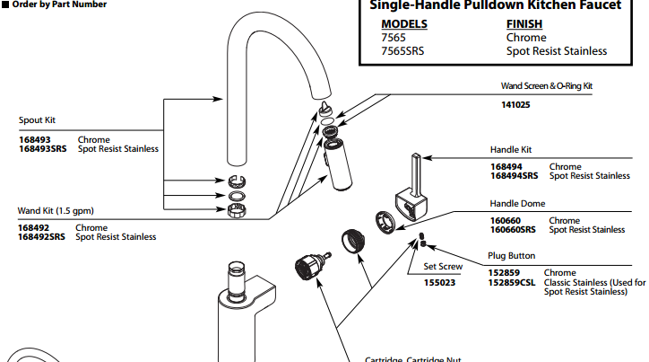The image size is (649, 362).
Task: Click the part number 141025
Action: click(x=515, y=104)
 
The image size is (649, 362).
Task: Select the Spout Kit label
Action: click(x=38, y=119)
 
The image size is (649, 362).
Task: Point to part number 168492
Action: click(x=36, y=228)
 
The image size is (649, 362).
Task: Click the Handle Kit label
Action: click(x=511, y=149)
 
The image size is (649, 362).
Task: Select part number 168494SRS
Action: click(x=515, y=176)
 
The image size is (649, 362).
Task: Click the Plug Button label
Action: click(x=512, y=256)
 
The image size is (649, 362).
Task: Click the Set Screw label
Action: click(x=443, y=266)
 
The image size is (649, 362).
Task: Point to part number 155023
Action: click(x=439, y=282)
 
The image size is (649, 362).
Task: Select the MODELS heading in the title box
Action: click(x=404, y=24)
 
